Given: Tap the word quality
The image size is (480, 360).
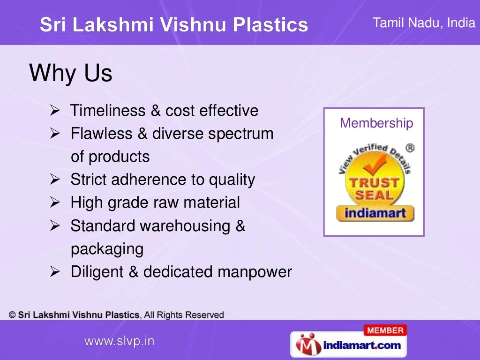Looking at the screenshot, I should [232, 180].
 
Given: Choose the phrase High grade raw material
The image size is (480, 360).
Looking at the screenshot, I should [155, 203].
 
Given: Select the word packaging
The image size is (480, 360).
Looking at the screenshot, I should [107, 249].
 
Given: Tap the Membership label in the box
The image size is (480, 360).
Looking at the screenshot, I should [376, 123].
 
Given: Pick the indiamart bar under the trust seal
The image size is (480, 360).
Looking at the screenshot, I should [375, 214].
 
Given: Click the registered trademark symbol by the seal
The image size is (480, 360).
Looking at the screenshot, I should [410, 148].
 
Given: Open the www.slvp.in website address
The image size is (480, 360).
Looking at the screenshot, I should [119, 341].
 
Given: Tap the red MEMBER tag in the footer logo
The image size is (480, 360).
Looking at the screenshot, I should [385, 330].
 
